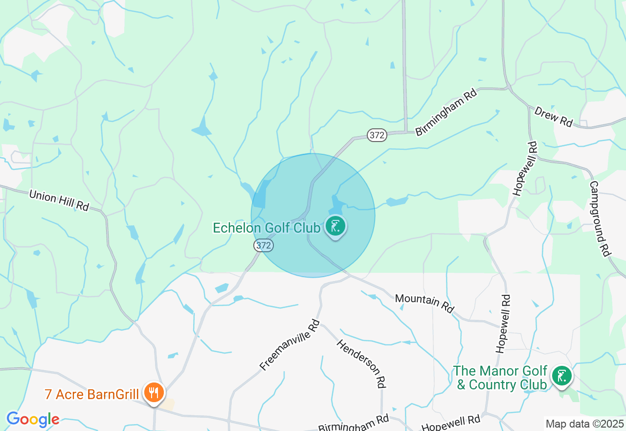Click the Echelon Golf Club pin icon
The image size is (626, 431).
[x=335, y=227]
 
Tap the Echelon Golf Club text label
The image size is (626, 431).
[x=267, y=228]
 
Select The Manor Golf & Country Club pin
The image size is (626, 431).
[x=562, y=376]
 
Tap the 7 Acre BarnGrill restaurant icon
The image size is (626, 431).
[x=154, y=393]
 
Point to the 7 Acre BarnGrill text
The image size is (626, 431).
[x=91, y=394]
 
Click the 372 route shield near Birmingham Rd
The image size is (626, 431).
[x=377, y=135]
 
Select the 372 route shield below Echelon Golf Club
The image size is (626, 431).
[x=264, y=245]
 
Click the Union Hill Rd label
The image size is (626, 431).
[x=59, y=201]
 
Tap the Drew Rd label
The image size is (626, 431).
[x=554, y=117]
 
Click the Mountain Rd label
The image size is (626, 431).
[x=425, y=303]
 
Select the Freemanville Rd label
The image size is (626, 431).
[x=290, y=345]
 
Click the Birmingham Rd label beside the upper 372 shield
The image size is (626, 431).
[x=446, y=112]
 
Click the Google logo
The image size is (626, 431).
[x=32, y=420]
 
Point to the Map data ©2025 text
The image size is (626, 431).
[x=584, y=424]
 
